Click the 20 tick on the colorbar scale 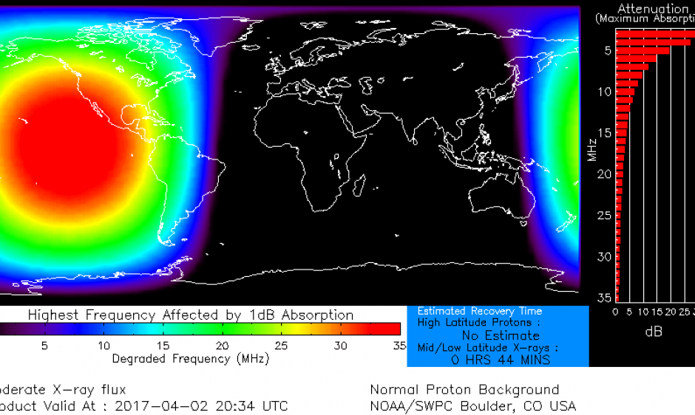pyautogui.click(x=223, y=346)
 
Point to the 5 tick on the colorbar pyautogui.click(x=44, y=346)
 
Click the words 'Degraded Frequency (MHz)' pyautogui.click(x=191, y=359)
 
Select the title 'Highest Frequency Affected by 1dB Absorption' pyautogui.click(x=191, y=315)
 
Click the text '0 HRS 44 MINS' pyautogui.click(x=500, y=360)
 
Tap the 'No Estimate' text pyautogui.click(x=501, y=335)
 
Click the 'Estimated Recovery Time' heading pyautogui.click(x=480, y=311)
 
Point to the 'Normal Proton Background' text pyautogui.click(x=464, y=389)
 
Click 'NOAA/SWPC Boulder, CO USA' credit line pyautogui.click(x=472, y=405)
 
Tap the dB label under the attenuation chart pyautogui.click(x=654, y=332)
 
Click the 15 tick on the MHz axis pyautogui.click(x=605, y=133)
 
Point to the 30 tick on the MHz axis pyautogui.click(x=605, y=256)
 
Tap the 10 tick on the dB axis pyautogui.click(x=643, y=312)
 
